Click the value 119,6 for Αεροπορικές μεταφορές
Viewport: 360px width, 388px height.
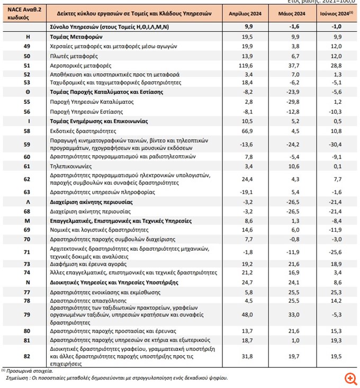click(247, 65)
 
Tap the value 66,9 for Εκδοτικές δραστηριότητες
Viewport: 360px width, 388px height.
click(247, 130)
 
